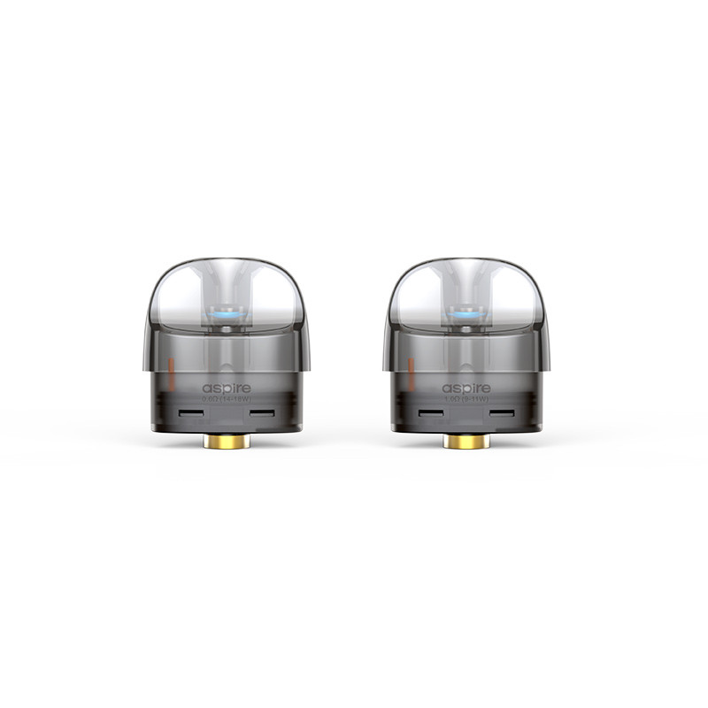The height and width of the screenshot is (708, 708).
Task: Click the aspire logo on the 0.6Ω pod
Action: [x=227, y=389]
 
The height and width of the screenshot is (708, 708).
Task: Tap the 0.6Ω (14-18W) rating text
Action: [x=227, y=400]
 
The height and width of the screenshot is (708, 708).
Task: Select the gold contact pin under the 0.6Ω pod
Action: [x=226, y=441]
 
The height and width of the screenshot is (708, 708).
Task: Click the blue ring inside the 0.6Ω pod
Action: [x=226, y=313]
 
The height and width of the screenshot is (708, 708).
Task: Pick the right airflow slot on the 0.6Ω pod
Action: [x=262, y=414]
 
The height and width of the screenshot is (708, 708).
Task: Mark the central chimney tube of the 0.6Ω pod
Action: [x=226, y=350]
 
